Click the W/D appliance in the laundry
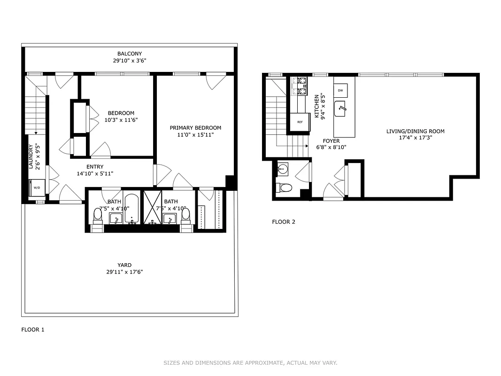pos(36,188)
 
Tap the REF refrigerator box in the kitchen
pos(300,121)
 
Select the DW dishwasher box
pos(340,90)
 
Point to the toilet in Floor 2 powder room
pos(284,188)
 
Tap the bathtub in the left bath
pos(131,208)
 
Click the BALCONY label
pos(130,54)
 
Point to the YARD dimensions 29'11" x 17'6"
pos(124,272)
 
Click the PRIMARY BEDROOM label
pos(195,128)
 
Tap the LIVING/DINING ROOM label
pos(415,132)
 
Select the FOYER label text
pos(331,141)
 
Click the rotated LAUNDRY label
pos(31,157)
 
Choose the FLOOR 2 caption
pos(284,222)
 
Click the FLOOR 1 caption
pos(33,329)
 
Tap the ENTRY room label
pos(95,167)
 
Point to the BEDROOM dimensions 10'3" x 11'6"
pos(121,120)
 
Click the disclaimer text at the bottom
pos(250,363)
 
